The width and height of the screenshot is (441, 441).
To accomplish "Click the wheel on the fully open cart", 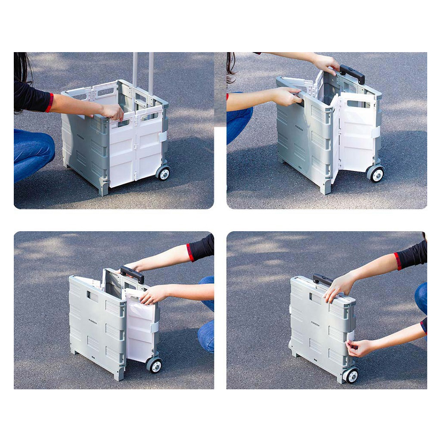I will [163, 173].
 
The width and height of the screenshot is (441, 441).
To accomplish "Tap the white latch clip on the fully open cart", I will [163, 137].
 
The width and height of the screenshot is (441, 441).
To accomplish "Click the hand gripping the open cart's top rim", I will [112, 112].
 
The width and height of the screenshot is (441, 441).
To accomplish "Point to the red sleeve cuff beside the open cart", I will [50, 102].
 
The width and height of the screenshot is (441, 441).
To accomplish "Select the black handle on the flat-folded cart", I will [323, 280].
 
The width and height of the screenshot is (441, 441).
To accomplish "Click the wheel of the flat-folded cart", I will [351, 376].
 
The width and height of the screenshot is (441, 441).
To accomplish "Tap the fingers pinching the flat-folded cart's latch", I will [355, 347].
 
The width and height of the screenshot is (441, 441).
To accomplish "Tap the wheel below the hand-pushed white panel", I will [154, 365].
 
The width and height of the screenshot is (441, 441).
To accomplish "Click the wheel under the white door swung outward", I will [376, 174].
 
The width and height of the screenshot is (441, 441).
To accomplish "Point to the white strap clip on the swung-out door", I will [376, 131].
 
